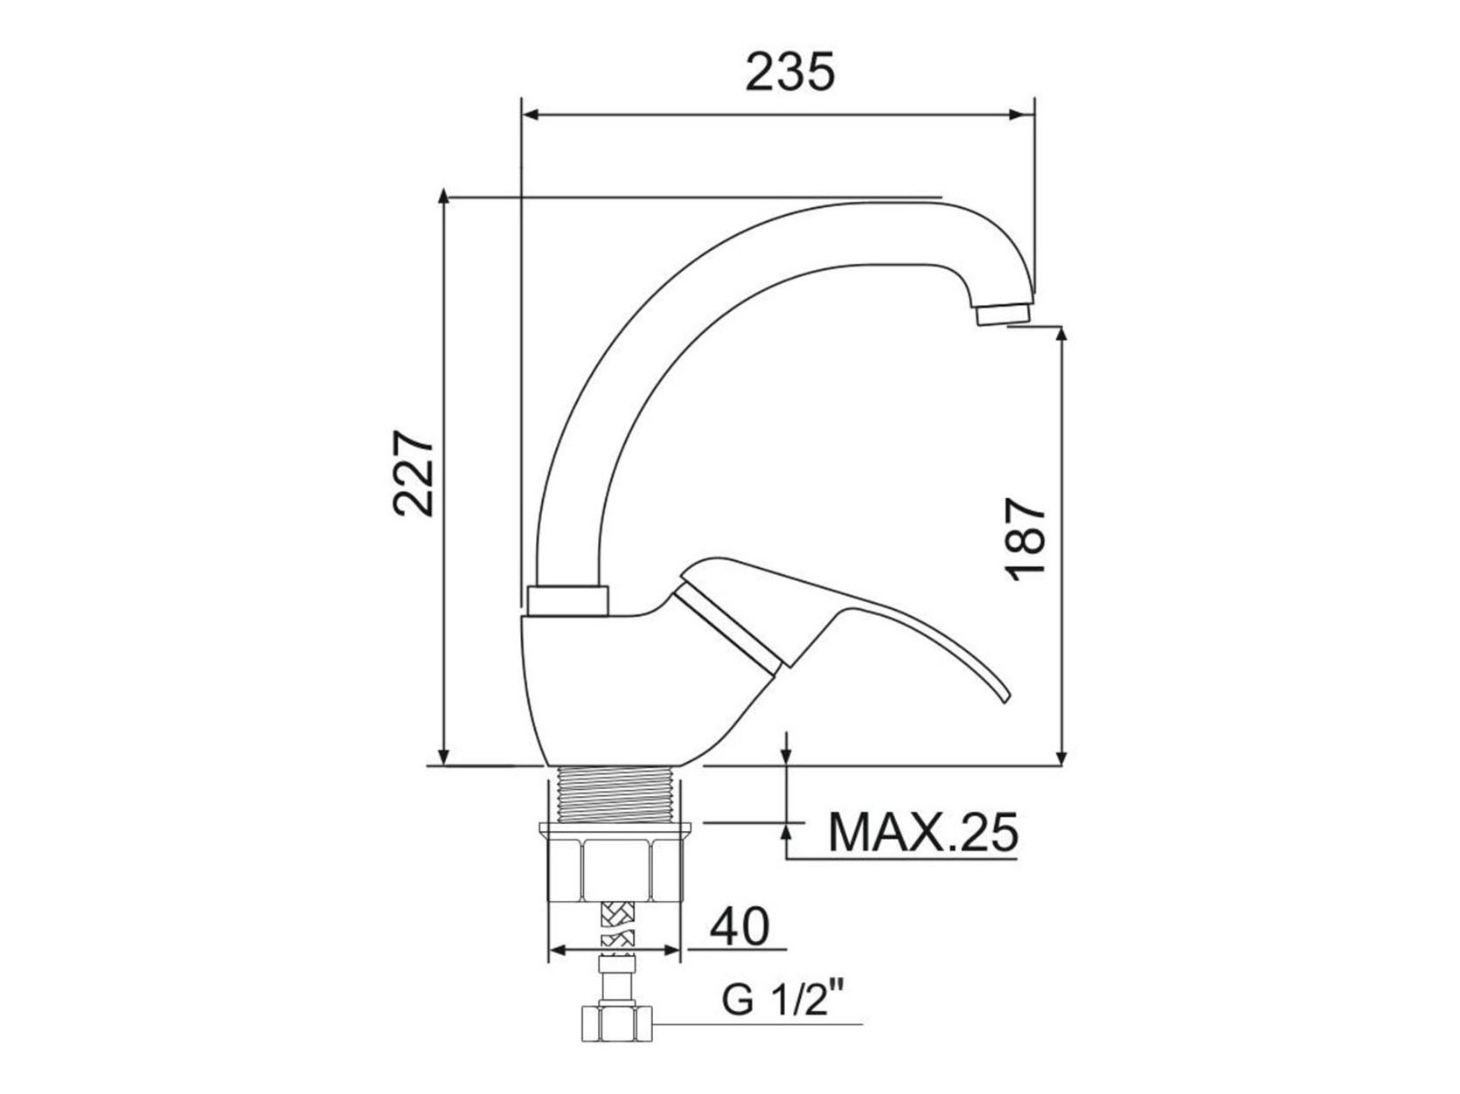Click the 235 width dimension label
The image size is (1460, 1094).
tap(789, 72)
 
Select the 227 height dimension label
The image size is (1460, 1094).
tap(413, 474)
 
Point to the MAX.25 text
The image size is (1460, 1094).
tap(923, 832)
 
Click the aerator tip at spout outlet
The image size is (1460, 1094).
tap(1004, 315)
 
